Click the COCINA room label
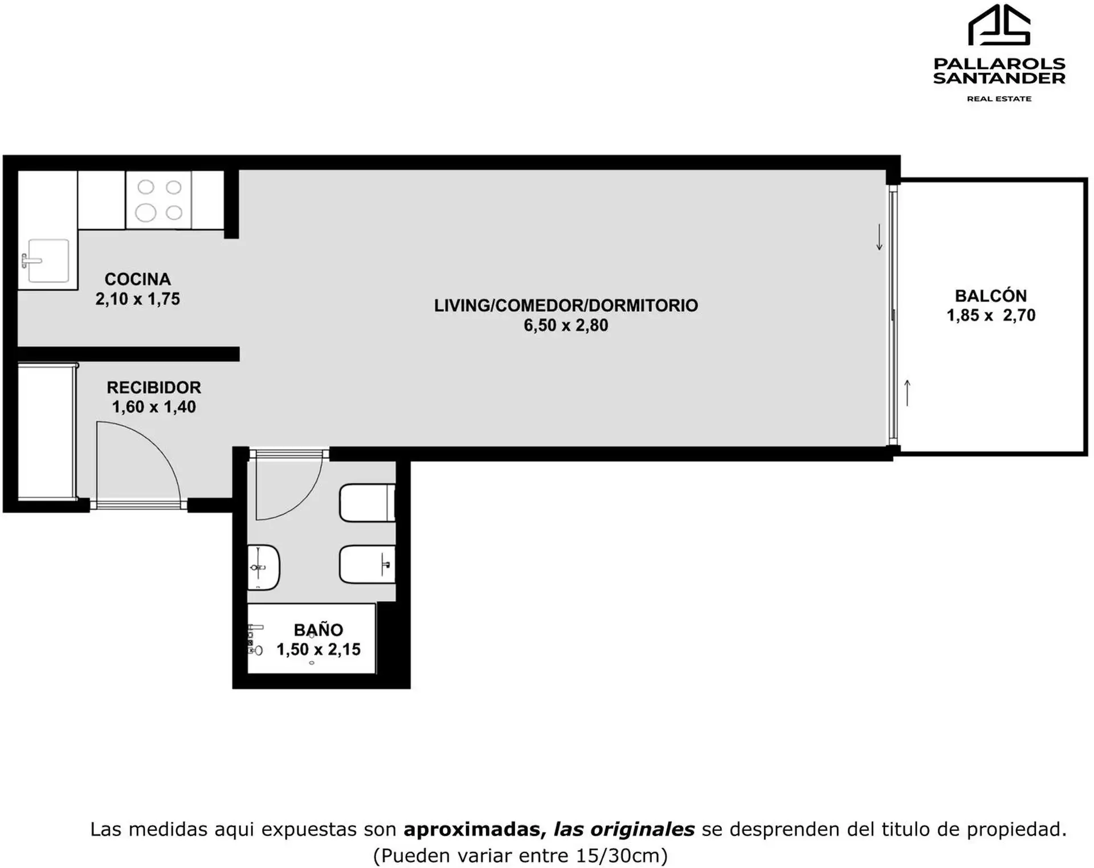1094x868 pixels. click(x=138, y=279)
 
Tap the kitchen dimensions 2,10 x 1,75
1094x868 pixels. click(x=138, y=299)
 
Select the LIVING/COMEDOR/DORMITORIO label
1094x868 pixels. click(x=566, y=305)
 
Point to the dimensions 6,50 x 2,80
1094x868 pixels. click(x=566, y=325)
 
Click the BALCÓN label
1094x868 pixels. click(x=991, y=296)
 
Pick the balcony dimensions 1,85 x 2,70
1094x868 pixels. click(x=991, y=315)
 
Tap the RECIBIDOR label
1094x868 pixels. click(x=154, y=388)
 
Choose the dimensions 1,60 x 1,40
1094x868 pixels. click(x=154, y=407)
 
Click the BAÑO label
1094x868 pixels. click(x=319, y=629)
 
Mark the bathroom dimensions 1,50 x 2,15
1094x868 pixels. click(x=319, y=650)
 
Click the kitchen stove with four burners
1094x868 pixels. click(x=159, y=200)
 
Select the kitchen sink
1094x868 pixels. click(x=45, y=261)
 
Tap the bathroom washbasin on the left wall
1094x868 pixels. click(x=263, y=567)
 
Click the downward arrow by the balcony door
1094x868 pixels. click(x=879, y=237)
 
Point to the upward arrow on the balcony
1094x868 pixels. click(x=908, y=393)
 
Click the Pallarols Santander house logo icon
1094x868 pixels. click(x=999, y=25)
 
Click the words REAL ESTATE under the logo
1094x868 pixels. click(x=999, y=99)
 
